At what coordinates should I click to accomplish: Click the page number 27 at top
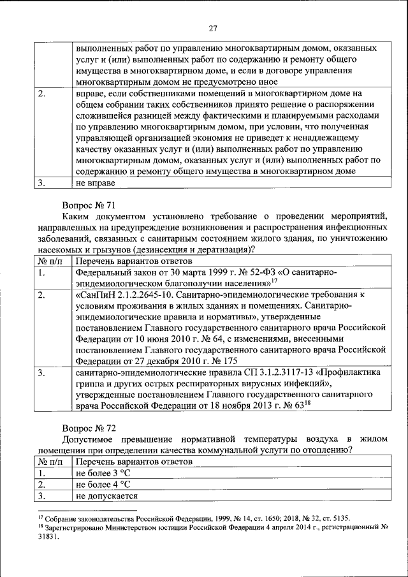click(x=212, y=27)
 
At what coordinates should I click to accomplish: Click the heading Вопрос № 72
click(x=89, y=427)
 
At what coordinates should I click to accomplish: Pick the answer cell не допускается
click(x=106, y=496)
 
